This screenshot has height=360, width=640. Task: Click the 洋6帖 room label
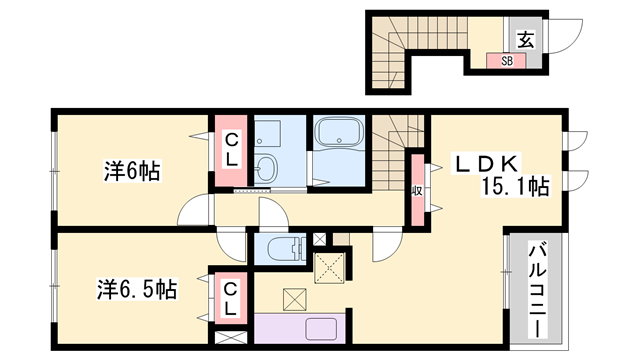point(131,171)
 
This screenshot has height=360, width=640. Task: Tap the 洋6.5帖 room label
point(137,289)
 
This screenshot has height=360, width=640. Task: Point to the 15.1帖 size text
point(515,186)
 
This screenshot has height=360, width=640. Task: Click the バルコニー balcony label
point(538,290)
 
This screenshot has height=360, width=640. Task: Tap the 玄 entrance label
point(526,40)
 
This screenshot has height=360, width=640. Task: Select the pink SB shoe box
point(506,61)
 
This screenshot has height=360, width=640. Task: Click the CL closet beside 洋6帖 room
point(231,150)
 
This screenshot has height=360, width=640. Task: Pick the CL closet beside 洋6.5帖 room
point(231,299)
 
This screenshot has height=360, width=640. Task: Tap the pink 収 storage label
point(417,190)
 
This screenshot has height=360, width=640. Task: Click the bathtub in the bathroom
point(340,131)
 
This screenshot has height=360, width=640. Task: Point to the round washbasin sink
point(266,168)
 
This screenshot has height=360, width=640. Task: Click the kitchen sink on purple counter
point(321,329)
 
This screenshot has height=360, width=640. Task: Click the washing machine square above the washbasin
point(267,132)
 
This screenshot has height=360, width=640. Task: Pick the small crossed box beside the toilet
point(319,239)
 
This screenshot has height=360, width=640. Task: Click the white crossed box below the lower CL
point(231,338)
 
